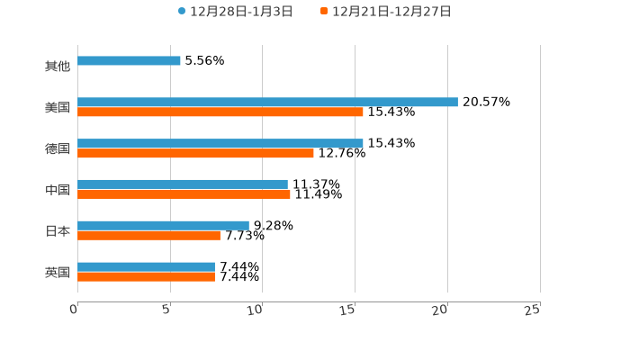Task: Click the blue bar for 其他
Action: [x=129, y=61]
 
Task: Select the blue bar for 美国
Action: [x=267, y=102]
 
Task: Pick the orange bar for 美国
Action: [x=220, y=112]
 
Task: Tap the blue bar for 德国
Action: [x=220, y=143]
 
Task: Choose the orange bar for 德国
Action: [x=195, y=154]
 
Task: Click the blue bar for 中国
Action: [x=183, y=184]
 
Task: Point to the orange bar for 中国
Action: [x=184, y=194]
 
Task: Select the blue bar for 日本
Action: [x=163, y=225]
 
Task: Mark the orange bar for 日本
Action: [x=148, y=236]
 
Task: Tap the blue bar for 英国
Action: [x=146, y=266]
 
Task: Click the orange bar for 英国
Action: [x=146, y=277]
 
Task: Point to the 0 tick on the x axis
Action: [x=74, y=310]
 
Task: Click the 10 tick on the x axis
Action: [x=257, y=310]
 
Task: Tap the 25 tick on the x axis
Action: [x=533, y=310]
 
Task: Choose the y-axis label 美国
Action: [x=58, y=108]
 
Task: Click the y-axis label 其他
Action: [x=58, y=67]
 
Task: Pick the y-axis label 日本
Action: [x=58, y=231]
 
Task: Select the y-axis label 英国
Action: [x=58, y=272]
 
